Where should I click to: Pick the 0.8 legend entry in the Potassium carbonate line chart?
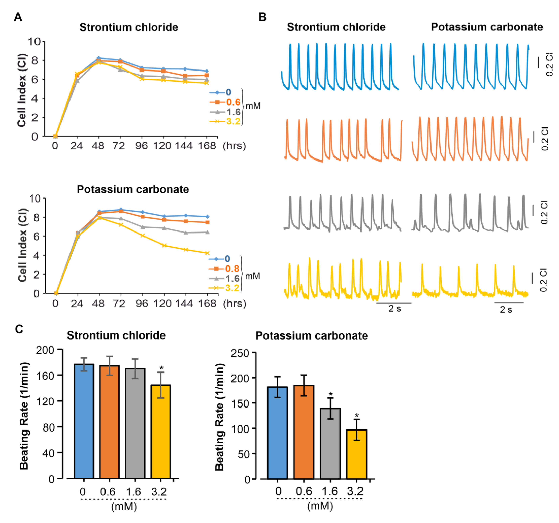(x=232, y=269)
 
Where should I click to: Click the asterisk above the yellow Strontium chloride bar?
(x=161, y=368)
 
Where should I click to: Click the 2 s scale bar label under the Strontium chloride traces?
(x=394, y=308)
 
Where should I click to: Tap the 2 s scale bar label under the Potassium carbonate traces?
(x=506, y=310)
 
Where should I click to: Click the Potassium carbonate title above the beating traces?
(x=487, y=27)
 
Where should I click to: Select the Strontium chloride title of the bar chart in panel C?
(x=116, y=335)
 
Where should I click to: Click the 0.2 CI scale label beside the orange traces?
(x=545, y=139)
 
